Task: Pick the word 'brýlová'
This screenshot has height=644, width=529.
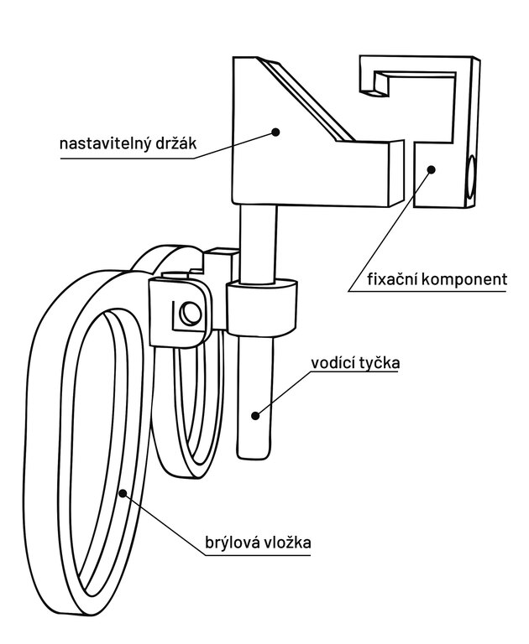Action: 234,543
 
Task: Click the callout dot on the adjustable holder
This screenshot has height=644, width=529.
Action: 275,131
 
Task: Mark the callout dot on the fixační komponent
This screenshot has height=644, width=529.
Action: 432,169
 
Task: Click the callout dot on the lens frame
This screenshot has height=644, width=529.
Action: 123,494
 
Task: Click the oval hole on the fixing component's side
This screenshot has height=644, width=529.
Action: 470,179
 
